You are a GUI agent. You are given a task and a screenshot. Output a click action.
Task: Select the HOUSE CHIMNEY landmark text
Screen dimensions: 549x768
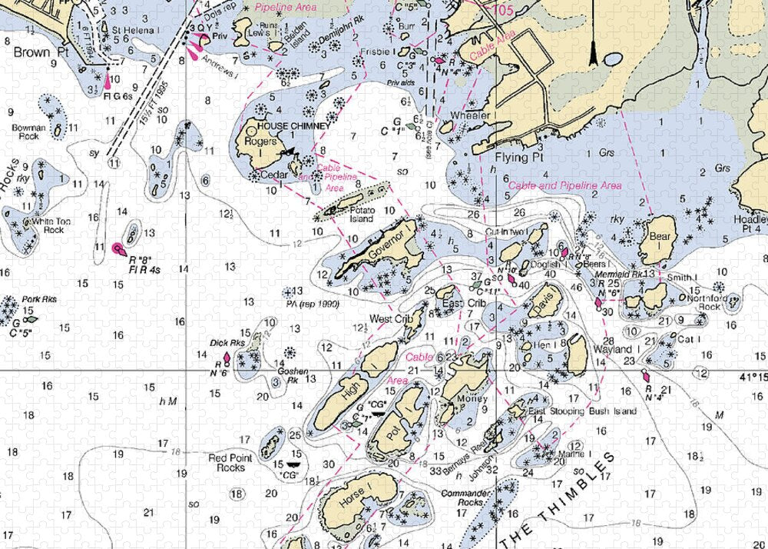[293, 125]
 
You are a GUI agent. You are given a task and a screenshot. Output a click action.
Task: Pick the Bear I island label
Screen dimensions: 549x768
[660, 237]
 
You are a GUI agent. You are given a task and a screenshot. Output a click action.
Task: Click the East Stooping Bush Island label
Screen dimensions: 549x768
[582, 411]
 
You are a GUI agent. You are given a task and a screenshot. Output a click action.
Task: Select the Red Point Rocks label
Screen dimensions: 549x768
[231, 463]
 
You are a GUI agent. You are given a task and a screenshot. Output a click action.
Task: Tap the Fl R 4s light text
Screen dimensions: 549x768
[144, 270]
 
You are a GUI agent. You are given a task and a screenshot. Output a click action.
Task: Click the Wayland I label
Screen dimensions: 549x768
[612, 349]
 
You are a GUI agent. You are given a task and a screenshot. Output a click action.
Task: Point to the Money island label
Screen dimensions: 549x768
[472, 399]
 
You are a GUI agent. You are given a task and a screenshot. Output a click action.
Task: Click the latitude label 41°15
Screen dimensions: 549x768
[753, 378]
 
